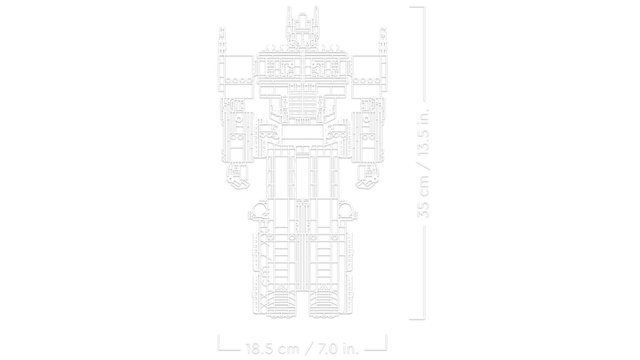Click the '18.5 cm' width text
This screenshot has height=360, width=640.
pos(273,348)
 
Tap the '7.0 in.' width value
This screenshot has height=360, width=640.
pos(335,348)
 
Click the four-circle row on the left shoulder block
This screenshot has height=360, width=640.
pos(239,80)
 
